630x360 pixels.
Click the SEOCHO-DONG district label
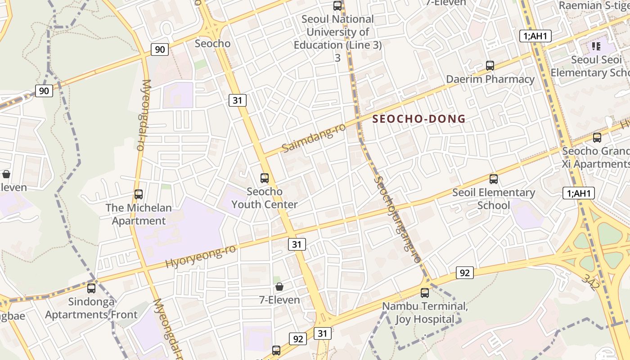[x=419, y=119]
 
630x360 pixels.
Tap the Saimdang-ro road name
[x=314, y=138]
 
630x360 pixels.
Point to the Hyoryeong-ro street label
[x=201, y=256]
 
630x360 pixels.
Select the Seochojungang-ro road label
[x=398, y=219]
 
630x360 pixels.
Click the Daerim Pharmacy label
[x=490, y=79]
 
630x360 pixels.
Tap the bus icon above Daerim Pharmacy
[x=490, y=66]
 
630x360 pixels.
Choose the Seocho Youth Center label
[x=265, y=198]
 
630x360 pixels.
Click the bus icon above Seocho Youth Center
[x=265, y=178]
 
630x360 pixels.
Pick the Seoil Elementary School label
[x=494, y=199]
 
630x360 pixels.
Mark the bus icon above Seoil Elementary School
[x=494, y=179]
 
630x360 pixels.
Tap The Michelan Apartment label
[x=139, y=214]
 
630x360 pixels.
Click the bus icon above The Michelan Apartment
[x=139, y=194]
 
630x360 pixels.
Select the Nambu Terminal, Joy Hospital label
[x=425, y=313]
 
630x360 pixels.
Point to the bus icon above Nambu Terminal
[x=425, y=293]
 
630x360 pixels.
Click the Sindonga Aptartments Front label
[x=91, y=308]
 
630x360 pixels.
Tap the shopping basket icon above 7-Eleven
[x=279, y=287]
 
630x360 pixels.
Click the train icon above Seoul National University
[x=337, y=6]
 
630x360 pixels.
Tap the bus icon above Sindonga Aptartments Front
[x=91, y=288]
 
